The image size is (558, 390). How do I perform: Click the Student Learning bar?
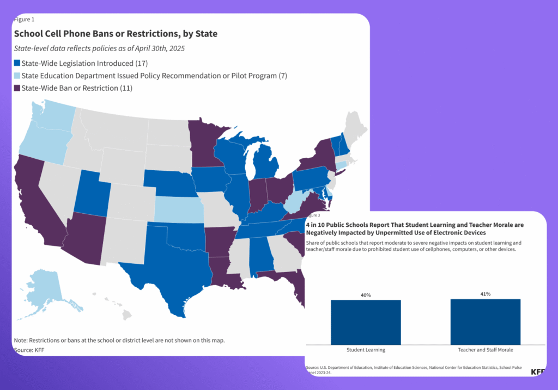point(366,322)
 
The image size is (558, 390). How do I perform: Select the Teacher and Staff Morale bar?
point(486,322)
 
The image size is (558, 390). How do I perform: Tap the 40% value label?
point(366,295)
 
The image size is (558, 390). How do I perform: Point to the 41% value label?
point(486,294)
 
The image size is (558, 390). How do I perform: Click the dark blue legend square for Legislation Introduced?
point(17,63)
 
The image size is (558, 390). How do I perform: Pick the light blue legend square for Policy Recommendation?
point(17,76)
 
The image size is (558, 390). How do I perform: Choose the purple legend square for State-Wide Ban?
point(17,88)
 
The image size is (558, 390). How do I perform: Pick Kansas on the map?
point(179,209)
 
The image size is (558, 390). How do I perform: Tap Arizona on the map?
point(86,238)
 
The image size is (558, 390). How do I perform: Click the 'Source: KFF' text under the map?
point(29,350)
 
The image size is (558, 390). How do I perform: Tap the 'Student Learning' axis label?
point(366,350)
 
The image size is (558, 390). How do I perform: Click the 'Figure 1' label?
point(24,20)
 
